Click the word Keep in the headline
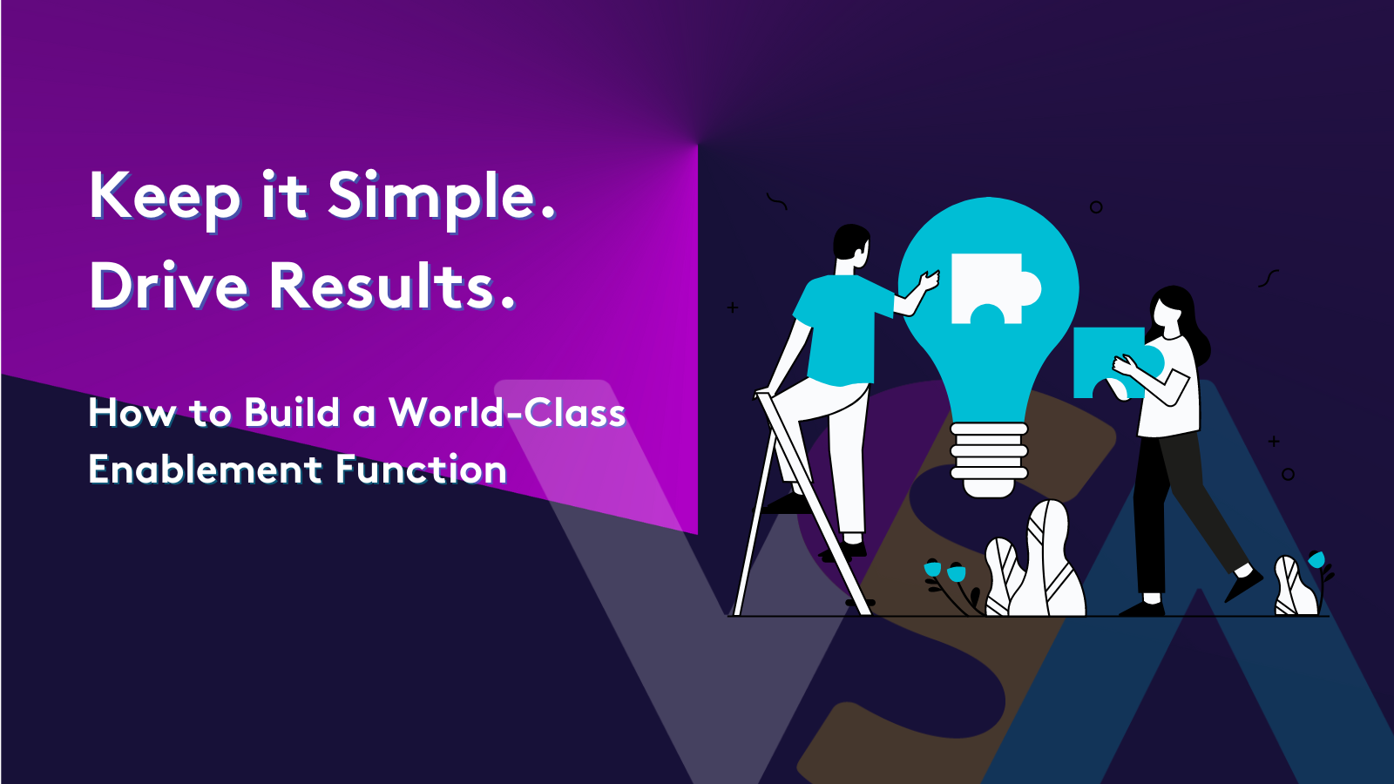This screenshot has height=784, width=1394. tap(165, 197)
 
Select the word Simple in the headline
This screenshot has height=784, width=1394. tap(441, 197)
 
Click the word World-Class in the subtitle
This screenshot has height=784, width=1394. tap(507, 413)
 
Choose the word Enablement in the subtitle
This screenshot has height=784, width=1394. tap(206, 470)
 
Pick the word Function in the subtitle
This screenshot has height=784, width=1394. tap(421, 470)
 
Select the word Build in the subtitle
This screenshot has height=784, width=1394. tap(292, 413)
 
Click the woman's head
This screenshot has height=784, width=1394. tap(1171, 309)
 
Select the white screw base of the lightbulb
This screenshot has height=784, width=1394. tap(989, 457)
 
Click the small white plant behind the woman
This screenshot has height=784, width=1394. tap(1294, 587)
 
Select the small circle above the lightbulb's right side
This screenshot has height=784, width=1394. tap(1096, 207)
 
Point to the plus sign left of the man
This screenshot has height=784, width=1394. tap(733, 308)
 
